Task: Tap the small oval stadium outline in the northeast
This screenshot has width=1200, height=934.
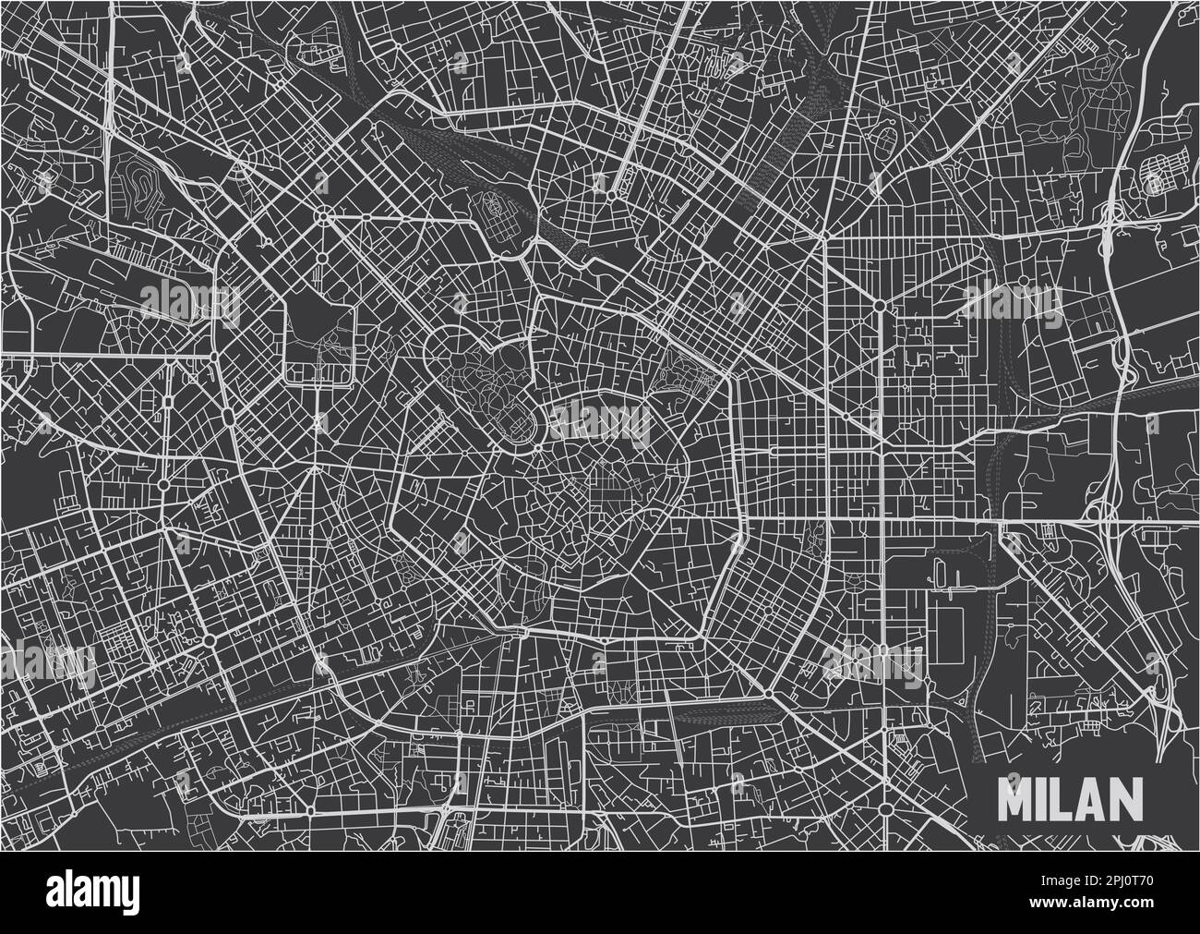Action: [x=889, y=145]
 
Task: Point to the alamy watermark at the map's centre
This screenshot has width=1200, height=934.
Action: [x=600, y=420]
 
